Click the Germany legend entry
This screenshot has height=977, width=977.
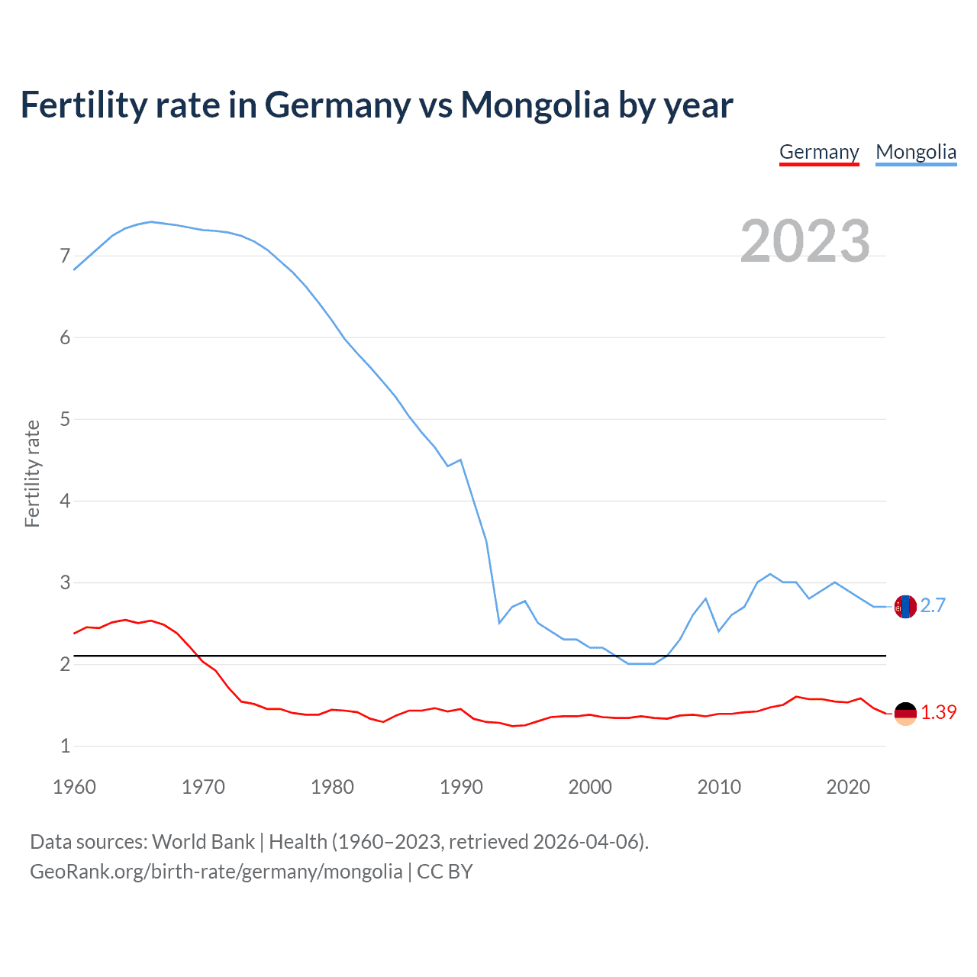tap(819, 152)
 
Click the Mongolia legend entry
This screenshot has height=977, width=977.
tap(916, 152)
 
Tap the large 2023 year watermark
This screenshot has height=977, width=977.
tap(804, 241)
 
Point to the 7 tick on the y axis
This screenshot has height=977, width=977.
tap(65, 256)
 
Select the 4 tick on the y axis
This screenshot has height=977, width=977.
tap(65, 501)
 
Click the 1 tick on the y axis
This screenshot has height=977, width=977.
tap(65, 746)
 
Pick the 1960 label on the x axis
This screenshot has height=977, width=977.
tap(74, 787)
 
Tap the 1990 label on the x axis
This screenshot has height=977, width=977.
tap(461, 787)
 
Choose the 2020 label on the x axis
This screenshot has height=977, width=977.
tap(848, 787)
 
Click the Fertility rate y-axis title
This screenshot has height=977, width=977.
tap(32, 473)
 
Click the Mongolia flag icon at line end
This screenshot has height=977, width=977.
tap(905, 607)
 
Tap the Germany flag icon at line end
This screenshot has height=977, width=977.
tap(905, 714)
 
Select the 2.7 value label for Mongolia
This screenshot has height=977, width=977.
tap(933, 606)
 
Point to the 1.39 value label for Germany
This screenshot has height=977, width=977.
tap(938, 713)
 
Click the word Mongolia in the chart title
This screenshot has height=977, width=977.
tap(534, 105)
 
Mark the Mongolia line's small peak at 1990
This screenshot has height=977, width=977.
tap(461, 459)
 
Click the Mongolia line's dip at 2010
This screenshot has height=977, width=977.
tap(719, 631)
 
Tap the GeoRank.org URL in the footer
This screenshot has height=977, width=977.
tap(216, 872)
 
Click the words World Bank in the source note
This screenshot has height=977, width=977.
tap(203, 842)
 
